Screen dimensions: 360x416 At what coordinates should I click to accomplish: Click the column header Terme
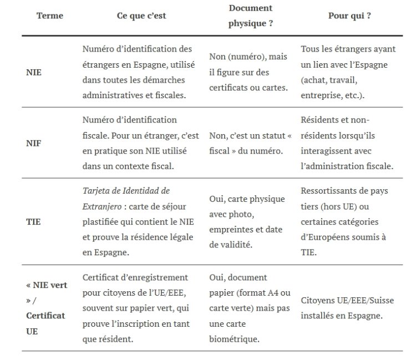[49, 16]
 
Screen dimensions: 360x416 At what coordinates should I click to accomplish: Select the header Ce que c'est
[141, 16]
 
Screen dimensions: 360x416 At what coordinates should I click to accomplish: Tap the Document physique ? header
[251, 16]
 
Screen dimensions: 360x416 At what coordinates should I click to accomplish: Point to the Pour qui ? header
[349, 16]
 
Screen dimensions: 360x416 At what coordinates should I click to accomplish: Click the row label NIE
[34, 73]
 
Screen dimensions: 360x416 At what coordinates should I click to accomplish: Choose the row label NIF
[34, 143]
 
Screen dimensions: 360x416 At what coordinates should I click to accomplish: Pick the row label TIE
[33, 222]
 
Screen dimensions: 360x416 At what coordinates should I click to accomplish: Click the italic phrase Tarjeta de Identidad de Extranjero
[125, 199]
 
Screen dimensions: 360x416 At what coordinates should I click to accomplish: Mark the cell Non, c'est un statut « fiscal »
[250, 143]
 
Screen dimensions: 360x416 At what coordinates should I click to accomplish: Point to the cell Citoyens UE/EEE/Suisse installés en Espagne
[348, 308]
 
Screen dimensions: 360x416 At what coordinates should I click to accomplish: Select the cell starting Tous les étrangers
[348, 72]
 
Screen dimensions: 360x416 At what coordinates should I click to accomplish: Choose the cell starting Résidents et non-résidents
[348, 143]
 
